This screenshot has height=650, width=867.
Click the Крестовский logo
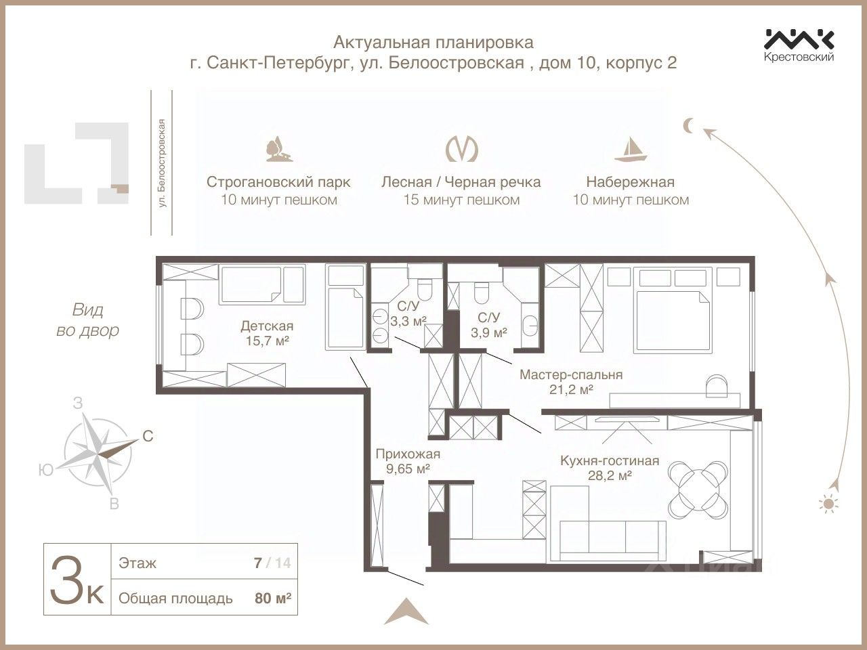799,45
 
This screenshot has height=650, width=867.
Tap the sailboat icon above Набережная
631,148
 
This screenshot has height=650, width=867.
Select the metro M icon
461,148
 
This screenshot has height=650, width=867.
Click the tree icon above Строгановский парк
278,149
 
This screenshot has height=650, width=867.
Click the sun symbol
828,503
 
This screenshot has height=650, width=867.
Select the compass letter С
148,437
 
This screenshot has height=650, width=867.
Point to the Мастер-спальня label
570,374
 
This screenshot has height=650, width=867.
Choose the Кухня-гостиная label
609,461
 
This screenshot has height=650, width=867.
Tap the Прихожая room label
408,454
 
